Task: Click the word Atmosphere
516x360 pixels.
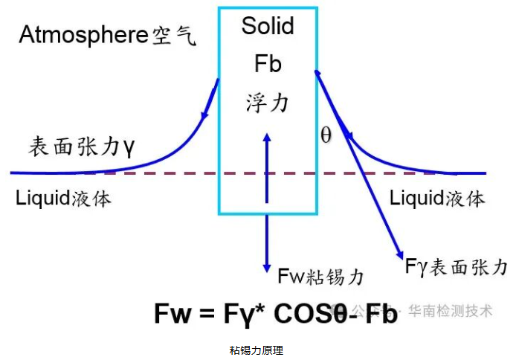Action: tap(84, 35)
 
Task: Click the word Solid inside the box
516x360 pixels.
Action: tap(268, 26)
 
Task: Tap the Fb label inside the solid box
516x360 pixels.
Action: tap(268, 63)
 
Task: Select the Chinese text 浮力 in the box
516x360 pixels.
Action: tap(267, 103)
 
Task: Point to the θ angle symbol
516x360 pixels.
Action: tap(326, 135)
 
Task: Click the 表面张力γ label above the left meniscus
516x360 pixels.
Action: tap(81, 147)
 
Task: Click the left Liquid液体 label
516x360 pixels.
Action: tap(63, 199)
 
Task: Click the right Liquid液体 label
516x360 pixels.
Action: tap(438, 199)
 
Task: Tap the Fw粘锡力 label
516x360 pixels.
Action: tap(321, 276)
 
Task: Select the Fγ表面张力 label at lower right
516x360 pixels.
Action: tap(457, 266)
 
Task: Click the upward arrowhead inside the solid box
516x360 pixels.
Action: tap(267, 137)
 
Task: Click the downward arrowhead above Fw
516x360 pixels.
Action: tap(267, 268)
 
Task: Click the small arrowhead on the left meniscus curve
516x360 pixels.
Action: tap(204, 115)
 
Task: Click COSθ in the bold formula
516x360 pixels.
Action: tap(311, 314)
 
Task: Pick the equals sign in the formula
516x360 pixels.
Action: tap(207, 313)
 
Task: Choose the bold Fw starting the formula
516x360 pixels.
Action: tap(172, 313)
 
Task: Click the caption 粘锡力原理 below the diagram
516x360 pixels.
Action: tap(257, 350)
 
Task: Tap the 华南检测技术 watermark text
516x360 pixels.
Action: tap(451, 311)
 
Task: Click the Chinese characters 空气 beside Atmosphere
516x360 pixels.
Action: tap(175, 36)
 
